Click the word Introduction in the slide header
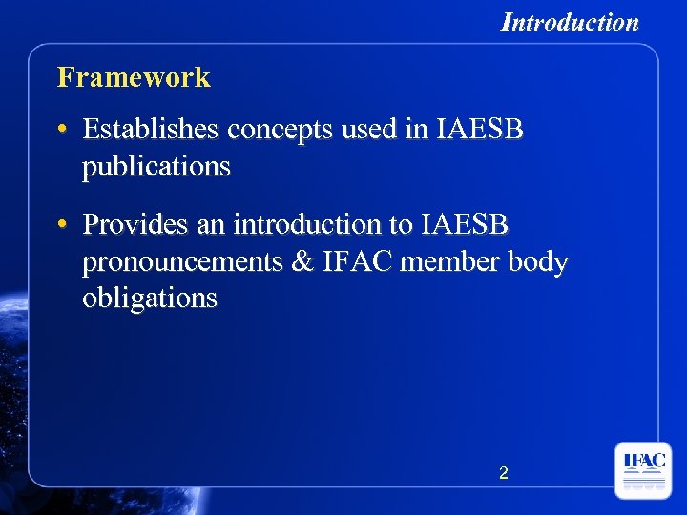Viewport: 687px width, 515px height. pyautogui.click(x=570, y=22)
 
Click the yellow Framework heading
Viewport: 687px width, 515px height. pyautogui.click(x=134, y=77)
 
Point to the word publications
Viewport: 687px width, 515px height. pyautogui.click(x=156, y=167)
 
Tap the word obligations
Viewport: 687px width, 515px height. pyautogui.click(x=150, y=299)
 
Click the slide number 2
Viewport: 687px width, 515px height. pyautogui.click(x=504, y=472)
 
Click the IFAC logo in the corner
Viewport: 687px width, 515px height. pyautogui.click(x=643, y=470)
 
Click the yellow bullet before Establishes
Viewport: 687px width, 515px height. pyautogui.click(x=62, y=129)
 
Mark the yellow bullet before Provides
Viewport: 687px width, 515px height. pyautogui.click(x=62, y=225)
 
